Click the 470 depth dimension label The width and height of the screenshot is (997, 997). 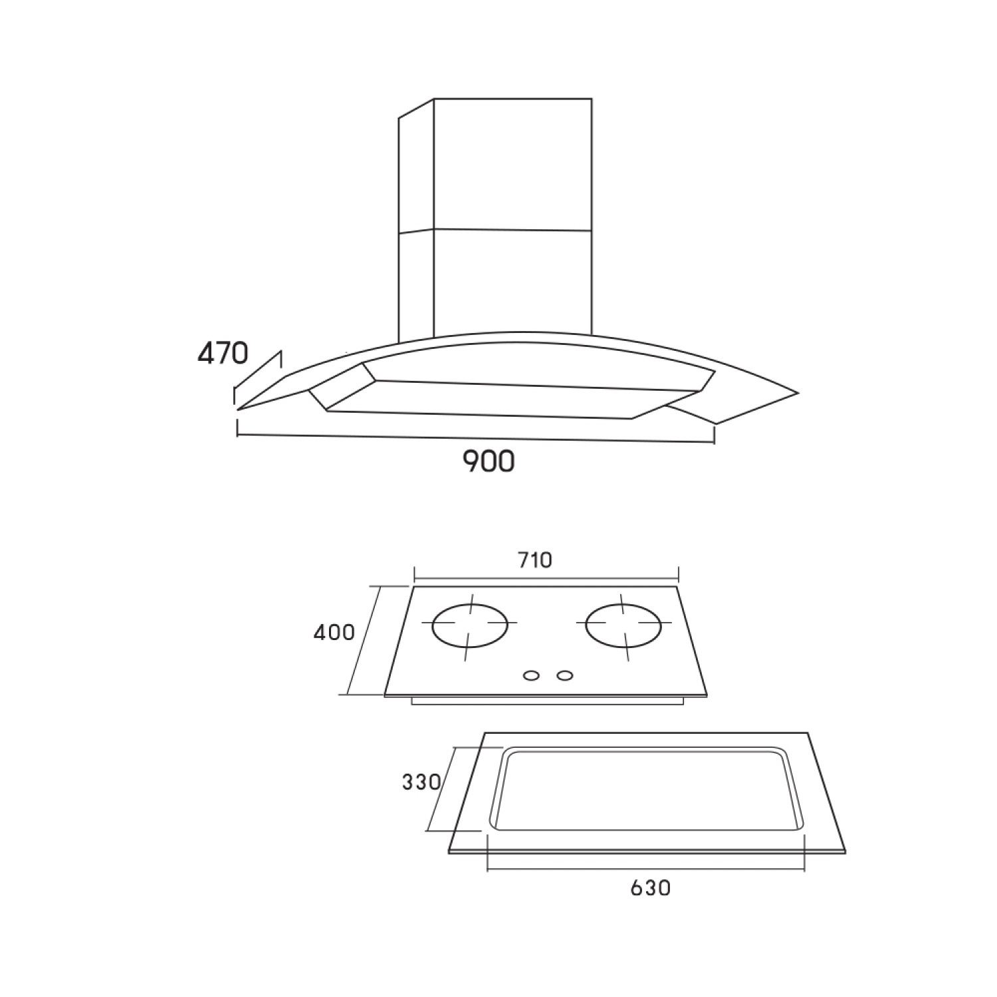click(223, 353)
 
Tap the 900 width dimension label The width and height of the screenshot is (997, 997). click(489, 461)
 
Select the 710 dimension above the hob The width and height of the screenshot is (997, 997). click(536, 560)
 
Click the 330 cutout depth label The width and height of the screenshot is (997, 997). click(421, 782)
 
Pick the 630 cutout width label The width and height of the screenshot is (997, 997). click(650, 887)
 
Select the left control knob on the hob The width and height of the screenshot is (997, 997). click(531, 676)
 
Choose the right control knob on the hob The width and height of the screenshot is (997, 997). click(564, 676)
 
